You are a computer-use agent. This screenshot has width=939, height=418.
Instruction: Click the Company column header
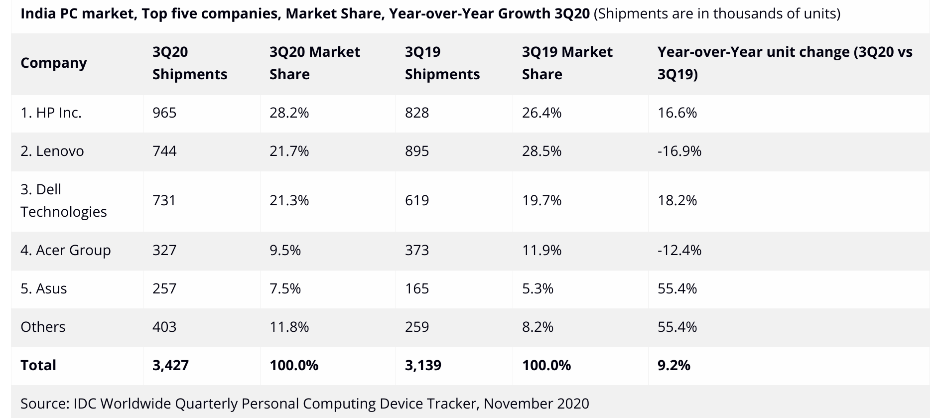pos(54,63)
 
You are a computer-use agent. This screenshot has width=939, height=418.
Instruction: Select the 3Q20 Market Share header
pos(314,63)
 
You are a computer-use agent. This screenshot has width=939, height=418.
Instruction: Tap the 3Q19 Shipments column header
pos(442,63)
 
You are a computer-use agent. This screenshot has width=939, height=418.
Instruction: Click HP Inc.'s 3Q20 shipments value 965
pos(164,113)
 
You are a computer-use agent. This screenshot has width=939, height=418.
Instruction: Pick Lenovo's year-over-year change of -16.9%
pos(679,151)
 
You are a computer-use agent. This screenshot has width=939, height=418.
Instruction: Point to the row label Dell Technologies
pos(63,201)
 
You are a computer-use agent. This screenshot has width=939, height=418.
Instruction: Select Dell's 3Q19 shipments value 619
pos(416,201)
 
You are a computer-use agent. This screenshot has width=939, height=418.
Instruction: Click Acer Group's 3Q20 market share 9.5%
pos(285,250)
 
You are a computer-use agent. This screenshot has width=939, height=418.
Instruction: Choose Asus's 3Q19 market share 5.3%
pos(537,289)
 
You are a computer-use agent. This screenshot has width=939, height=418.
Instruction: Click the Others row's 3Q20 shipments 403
pos(164,327)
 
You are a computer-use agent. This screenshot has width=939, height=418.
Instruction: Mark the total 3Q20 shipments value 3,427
pos(170,366)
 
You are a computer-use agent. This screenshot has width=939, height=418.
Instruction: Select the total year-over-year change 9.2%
pos(673,366)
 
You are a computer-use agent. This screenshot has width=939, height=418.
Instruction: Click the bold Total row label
pos(38,366)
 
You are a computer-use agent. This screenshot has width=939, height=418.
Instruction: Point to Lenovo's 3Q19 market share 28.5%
pos(541,151)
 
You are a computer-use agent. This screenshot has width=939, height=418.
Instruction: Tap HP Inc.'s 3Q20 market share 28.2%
pos(289,113)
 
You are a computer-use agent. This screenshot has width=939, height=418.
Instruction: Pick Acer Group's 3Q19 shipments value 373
pos(416,250)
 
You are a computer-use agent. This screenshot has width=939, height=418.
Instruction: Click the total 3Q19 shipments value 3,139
pos(423,366)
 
